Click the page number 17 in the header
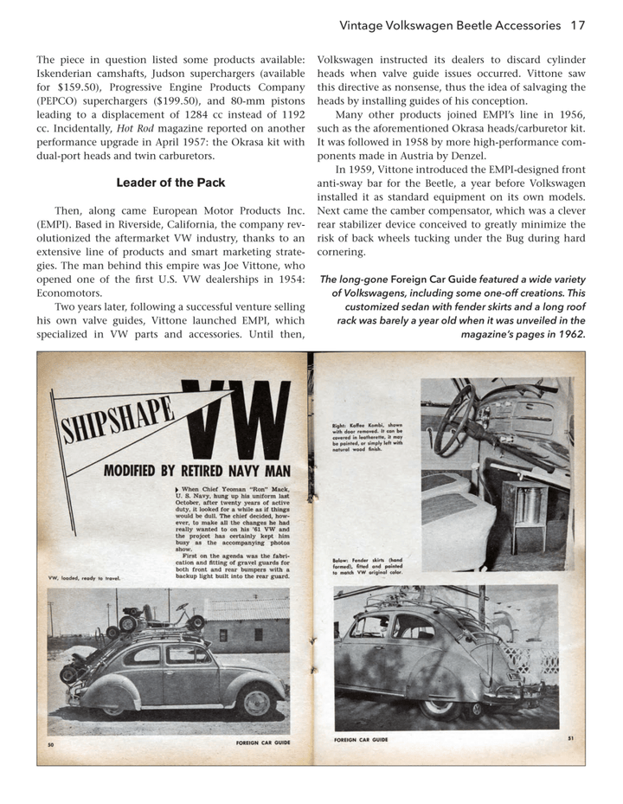(x=577, y=25)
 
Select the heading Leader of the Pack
(x=170, y=183)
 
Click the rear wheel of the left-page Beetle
(x=256, y=699)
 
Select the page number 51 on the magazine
(x=570, y=737)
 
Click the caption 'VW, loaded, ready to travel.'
(x=84, y=579)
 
